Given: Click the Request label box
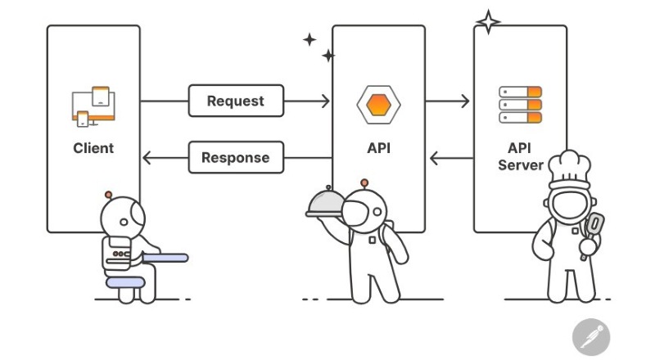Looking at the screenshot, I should [236, 101].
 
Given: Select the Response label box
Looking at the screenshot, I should [236, 157].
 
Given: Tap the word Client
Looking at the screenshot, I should [93, 148].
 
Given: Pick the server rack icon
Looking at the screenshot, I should [521, 105].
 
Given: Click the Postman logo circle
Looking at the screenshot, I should [590, 336].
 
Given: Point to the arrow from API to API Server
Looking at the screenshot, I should [447, 101].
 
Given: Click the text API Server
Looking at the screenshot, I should [520, 157].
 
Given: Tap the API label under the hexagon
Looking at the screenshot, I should [378, 148].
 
